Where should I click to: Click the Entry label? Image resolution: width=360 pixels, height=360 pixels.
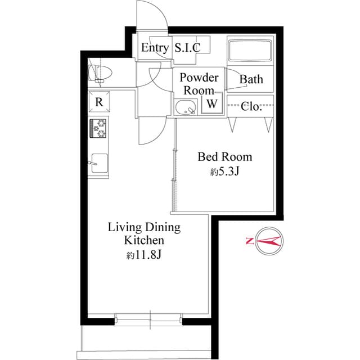pos(154,48)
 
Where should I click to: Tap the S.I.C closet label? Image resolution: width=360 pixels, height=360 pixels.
pos(187,48)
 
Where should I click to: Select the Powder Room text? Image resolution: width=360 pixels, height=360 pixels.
pos(199,84)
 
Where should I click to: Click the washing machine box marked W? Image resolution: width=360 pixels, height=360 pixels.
pos(212,104)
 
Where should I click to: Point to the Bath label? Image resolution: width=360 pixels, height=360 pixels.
pos(251,79)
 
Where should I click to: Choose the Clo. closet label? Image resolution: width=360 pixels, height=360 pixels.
pos(251,107)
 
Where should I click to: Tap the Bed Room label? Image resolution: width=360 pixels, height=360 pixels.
pos(223,156)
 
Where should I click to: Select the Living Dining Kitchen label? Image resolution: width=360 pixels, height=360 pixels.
pos(144,233)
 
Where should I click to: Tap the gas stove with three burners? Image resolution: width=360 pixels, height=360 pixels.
pos(98,128)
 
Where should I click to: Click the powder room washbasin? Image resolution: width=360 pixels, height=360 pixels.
pos(184,107)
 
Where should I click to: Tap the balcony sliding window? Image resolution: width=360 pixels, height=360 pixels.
pos(149,319)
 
